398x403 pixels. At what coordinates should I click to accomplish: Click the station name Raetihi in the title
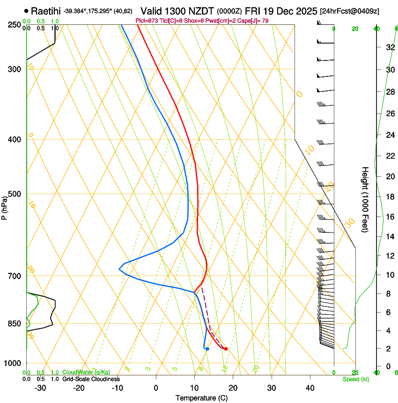[x=46, y=11]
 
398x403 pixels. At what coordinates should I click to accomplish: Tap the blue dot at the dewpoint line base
[x=207, y=349]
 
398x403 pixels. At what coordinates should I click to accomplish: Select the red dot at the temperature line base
[x=226, y=349]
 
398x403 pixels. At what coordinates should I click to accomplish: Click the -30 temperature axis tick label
[x=40, y=388]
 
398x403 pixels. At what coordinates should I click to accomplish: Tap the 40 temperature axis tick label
[x=310, y=388]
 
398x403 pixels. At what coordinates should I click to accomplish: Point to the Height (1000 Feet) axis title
[x=366, y=199]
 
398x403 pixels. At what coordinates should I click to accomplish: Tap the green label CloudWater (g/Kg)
[x=86, y=372]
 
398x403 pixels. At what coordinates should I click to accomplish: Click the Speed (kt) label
[x=355, y=379]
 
